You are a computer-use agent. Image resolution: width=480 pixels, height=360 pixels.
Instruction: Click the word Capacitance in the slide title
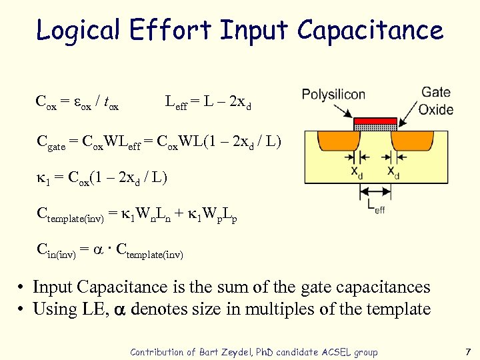click(370, 31)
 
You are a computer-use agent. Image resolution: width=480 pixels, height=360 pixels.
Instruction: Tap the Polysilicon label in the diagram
click(333, 94)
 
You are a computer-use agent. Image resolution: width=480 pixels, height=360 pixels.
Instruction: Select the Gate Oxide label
click(436, 101)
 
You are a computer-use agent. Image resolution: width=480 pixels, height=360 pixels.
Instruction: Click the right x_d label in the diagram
click(394, 171)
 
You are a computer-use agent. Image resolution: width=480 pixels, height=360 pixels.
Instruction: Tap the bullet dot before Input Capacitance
click(22, 288)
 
